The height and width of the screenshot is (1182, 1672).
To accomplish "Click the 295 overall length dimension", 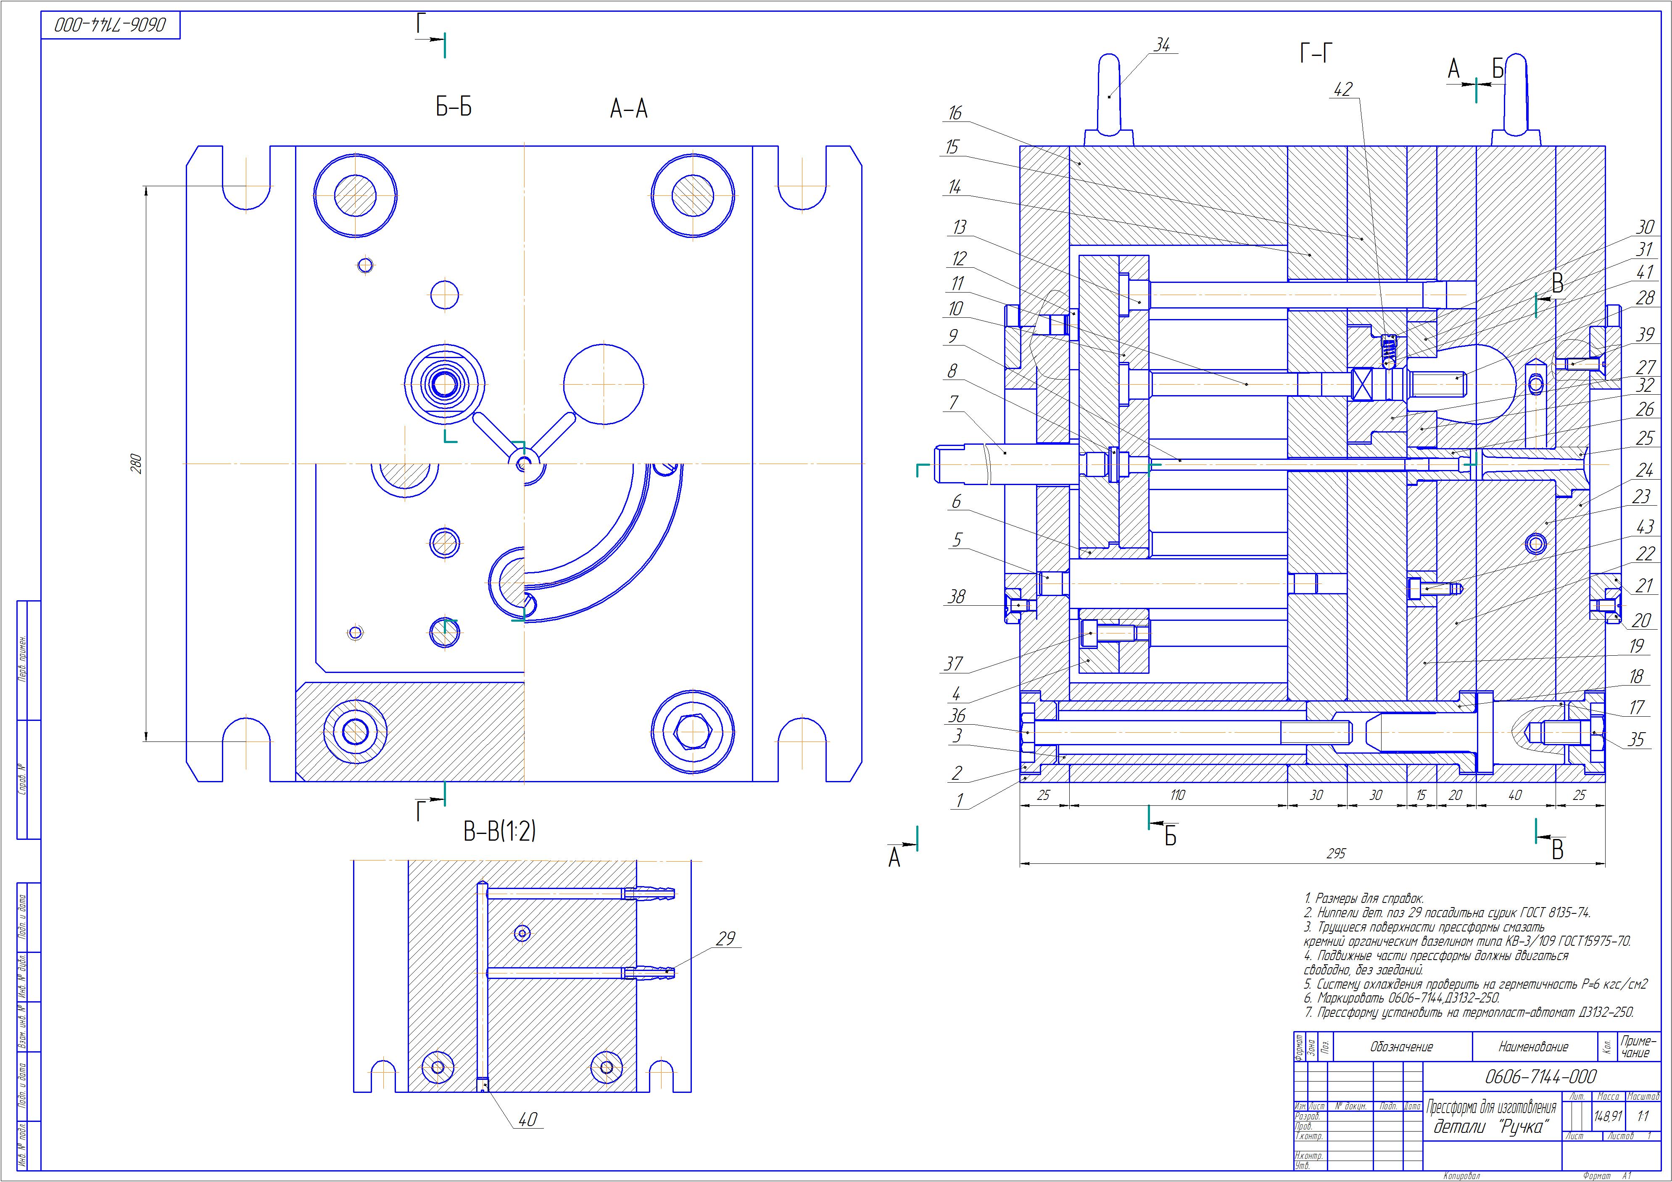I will [x=1336, y=854].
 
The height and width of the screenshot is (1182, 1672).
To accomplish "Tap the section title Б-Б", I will [x=454, y=108].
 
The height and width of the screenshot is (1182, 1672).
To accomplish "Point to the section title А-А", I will [x=628, y=109].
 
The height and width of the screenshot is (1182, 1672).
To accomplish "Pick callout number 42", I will [x=1342, y=90].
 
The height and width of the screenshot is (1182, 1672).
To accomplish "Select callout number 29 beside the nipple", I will [x=725, y=939].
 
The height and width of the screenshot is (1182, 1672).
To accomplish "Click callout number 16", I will [x=955, y=113].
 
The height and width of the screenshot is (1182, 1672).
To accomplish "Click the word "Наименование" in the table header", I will [x=1533, y=1047].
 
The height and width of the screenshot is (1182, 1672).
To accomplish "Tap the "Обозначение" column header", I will [x=1401, y=1047].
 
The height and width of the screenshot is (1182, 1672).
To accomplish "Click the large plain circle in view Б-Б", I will [x=604, y=383].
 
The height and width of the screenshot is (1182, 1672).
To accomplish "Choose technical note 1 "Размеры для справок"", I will [x=1363, y=899].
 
